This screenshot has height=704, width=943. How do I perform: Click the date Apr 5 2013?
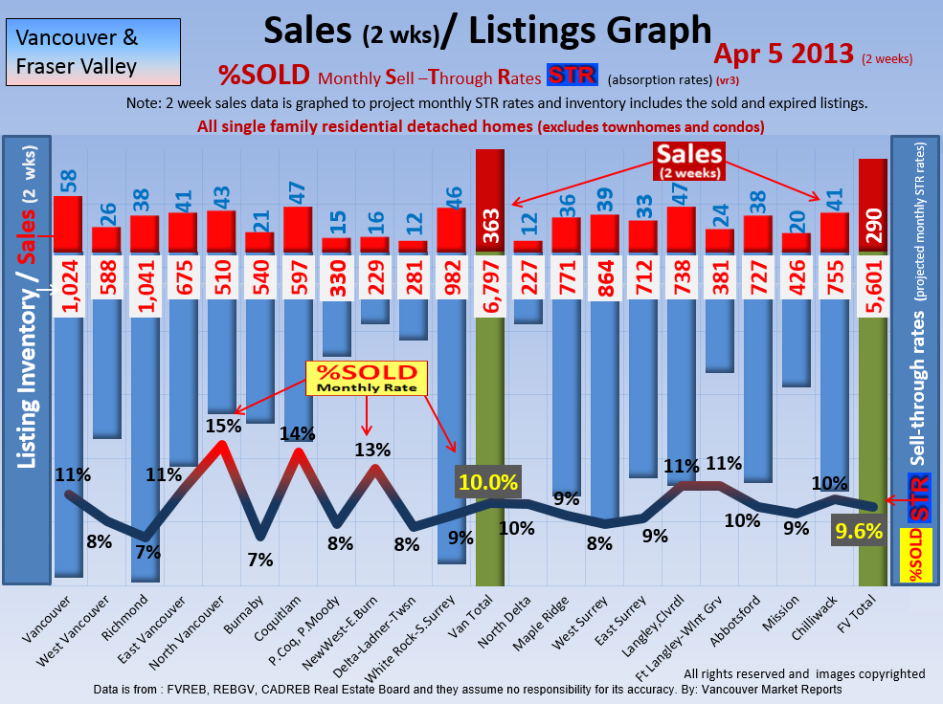point(784,54)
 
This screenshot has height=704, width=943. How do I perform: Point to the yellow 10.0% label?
point(488,482)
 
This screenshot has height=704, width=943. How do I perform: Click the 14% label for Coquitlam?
point(298,433)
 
